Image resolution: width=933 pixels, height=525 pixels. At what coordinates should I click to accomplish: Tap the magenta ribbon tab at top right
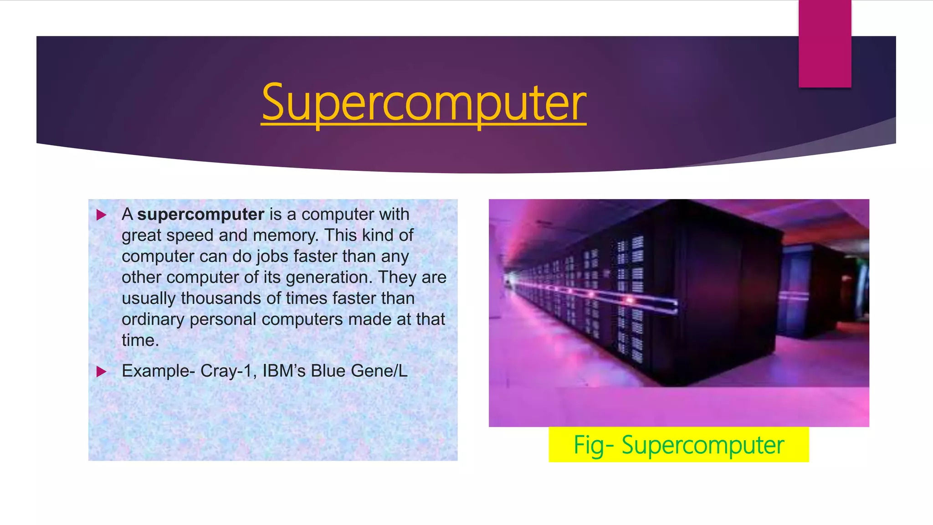click(x=825, y=44)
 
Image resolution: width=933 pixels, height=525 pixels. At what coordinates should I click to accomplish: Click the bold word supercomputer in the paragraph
click(x=200, y=214)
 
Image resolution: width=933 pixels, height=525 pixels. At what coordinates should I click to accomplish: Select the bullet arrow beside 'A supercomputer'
click(x=101, y=215)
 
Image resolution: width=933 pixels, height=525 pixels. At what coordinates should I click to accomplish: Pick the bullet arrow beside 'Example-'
click(x=101, y=371)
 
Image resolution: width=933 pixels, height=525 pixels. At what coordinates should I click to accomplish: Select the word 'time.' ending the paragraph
click(x=140, y=340)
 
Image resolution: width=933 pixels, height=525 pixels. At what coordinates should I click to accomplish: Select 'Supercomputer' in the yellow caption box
click(x=702, y=445)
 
